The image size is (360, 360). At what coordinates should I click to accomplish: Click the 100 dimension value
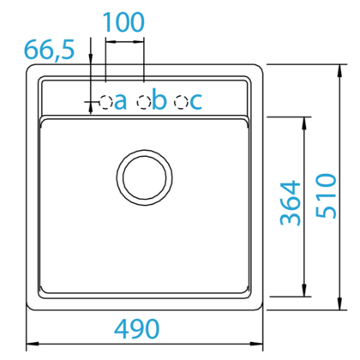click(123, 22)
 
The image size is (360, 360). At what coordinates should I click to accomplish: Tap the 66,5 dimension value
click(49, 50)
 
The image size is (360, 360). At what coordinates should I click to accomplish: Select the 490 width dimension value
click(136, 328)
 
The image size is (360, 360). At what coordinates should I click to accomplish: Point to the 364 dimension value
click(291, 203)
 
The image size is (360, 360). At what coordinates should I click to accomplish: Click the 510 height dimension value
click(326, 196)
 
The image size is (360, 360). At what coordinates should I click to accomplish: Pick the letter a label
click(120, 102)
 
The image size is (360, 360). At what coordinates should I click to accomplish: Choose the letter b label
click(159, 99)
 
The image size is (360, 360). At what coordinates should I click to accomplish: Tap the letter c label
click(196, 102)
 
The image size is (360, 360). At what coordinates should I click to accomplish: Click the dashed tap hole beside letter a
click(105, 102)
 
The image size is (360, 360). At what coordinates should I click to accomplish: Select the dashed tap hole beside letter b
click(144, 102)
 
